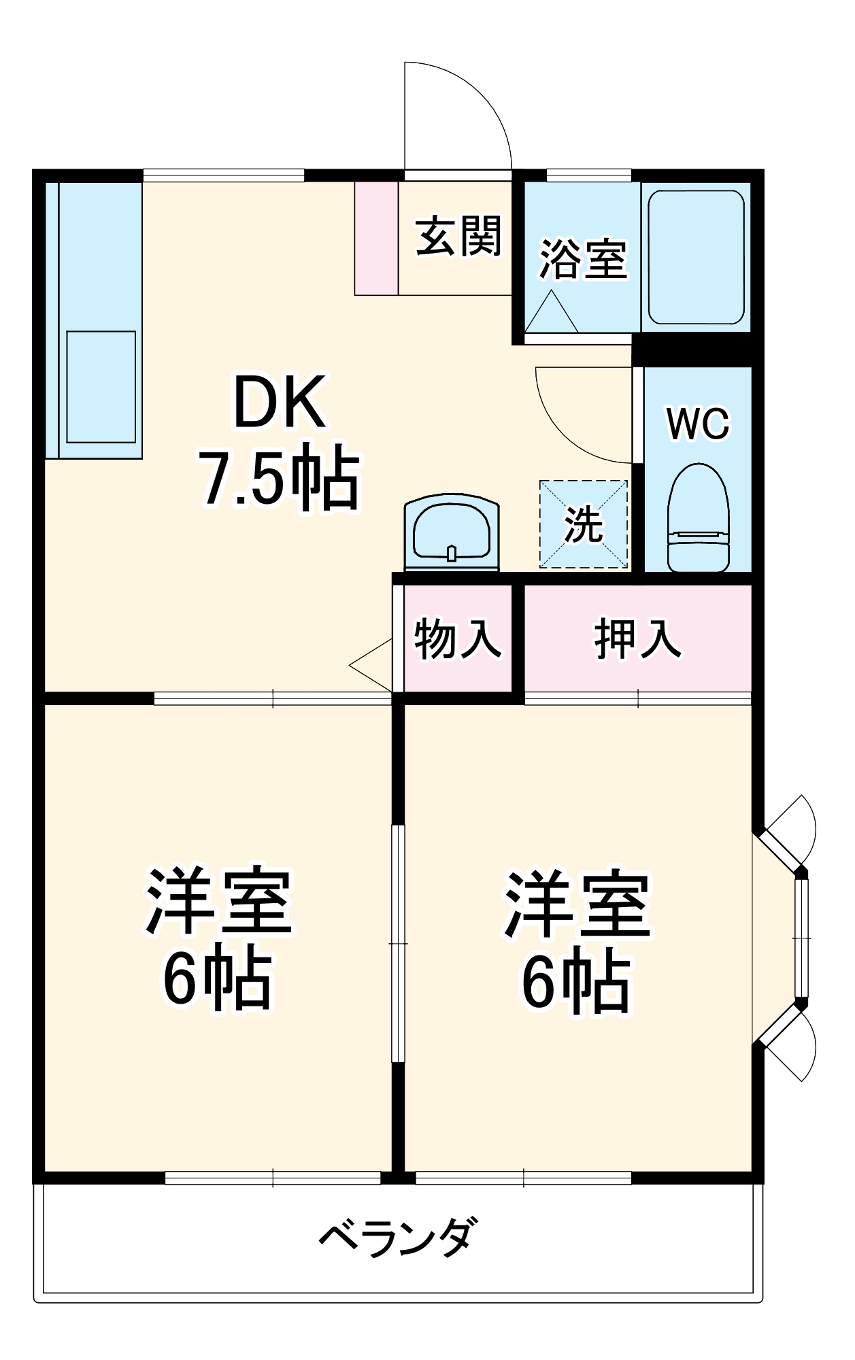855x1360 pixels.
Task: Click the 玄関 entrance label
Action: tap(458, 237)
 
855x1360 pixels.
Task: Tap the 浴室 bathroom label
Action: tap(583, 260)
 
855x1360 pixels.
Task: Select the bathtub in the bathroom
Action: tap(696, 257)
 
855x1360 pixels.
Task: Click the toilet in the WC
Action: tap(698, 519)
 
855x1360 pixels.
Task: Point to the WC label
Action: tap(698, 424)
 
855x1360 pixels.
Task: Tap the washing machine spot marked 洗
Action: tap(584, 524)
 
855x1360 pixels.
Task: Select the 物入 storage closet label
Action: tap(458, 639)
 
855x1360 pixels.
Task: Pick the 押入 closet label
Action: tap(637, 639)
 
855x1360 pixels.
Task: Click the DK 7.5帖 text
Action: tap(279, 442)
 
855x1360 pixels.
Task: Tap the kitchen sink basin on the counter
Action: tap(101, 386)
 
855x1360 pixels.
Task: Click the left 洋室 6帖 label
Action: tap(218, 938)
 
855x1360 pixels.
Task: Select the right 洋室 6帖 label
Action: tap(577, 942)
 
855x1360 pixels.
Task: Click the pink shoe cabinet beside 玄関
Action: tap(376, 238)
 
